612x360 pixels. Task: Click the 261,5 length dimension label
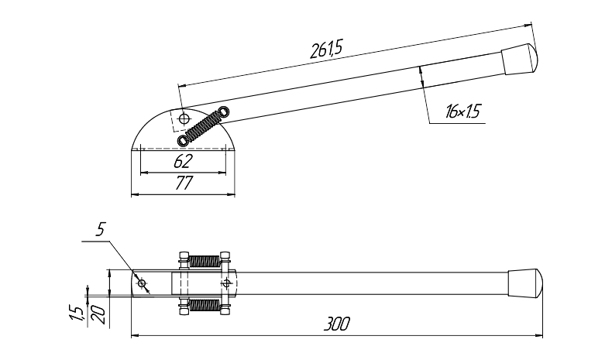pos(326,49)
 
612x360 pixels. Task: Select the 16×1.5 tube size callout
pos(462,112)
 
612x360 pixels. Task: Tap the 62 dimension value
pos(183,161)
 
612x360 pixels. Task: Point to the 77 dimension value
pos(184,183)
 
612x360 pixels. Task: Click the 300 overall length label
pos(336,324)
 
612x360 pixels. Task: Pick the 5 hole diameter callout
pos(100,229)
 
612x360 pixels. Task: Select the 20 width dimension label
pos(99,315)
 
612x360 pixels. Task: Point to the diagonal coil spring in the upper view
pos(203,126)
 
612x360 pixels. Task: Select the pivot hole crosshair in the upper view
pos(184,118)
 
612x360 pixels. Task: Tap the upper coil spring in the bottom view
pos(205,261)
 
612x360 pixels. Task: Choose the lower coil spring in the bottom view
pos(205,305)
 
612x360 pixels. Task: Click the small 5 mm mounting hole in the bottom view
pos(142,283)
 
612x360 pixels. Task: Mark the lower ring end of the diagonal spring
pos(183,140)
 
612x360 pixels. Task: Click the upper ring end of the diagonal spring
pos(225,111)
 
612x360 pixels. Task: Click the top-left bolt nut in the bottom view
pos(184,256)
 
